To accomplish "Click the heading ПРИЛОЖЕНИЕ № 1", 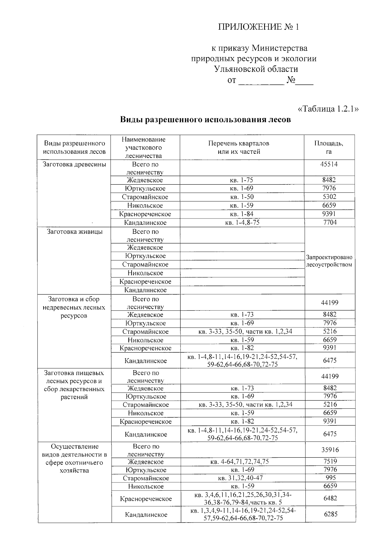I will [x=259, y=27].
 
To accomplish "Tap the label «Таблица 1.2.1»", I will [x=328, y=109].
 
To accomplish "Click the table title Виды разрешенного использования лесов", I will [x=205, y=120].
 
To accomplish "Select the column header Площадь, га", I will [x=329, y=147].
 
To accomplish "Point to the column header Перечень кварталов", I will [x=239, y=143].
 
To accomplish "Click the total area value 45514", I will [x=329, y=164].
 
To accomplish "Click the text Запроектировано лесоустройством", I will [x=329, y=261].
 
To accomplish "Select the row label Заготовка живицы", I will [x=75, y=231].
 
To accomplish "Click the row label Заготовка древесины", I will [x=74, y=164].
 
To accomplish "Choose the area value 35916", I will [x=330, y=450].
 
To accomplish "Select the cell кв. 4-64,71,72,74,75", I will [x=239, y=462].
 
